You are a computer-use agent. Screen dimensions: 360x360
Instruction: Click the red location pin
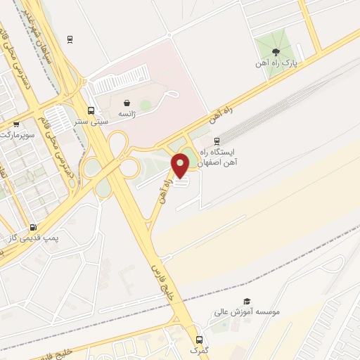181,165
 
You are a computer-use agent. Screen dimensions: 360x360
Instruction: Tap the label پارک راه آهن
276,63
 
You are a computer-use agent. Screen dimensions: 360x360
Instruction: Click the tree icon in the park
276,51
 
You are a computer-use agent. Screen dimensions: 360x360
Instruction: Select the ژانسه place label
127,113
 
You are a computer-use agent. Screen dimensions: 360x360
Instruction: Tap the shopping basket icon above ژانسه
127,102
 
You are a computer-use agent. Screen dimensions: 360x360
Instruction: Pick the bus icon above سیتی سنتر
91,110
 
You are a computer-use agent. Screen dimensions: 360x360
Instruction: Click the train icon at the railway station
217,141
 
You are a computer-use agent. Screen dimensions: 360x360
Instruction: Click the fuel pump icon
33,227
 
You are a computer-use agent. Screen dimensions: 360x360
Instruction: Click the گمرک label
199,349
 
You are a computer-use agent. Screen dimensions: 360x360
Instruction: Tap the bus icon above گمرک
199,338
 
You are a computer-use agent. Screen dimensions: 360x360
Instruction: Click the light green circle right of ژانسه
146,105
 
